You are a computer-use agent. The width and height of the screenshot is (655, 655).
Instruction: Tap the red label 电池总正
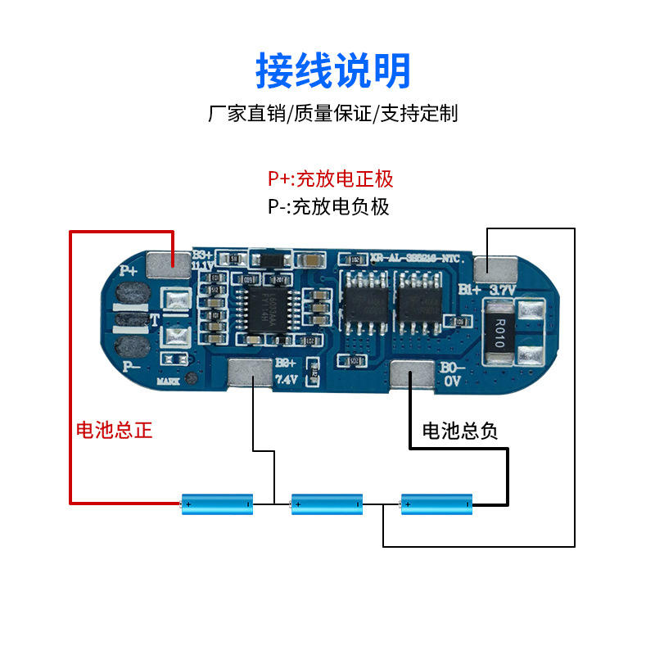(x=114, y=430)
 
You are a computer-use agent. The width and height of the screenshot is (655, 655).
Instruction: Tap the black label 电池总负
(x=459, y=431)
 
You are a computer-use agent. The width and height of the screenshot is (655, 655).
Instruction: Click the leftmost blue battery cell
(x=217, y=504)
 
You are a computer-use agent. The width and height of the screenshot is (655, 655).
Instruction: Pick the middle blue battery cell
(x=327, y=504)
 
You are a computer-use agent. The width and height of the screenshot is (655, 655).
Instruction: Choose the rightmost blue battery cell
(x=436, y=504)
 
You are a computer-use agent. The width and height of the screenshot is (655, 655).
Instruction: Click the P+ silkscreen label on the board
(x=129, y=269)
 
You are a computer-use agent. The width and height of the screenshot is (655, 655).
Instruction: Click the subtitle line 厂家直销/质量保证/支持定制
(x=332, y=113)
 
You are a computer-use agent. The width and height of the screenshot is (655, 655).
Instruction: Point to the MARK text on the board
(x=169, y=381)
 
